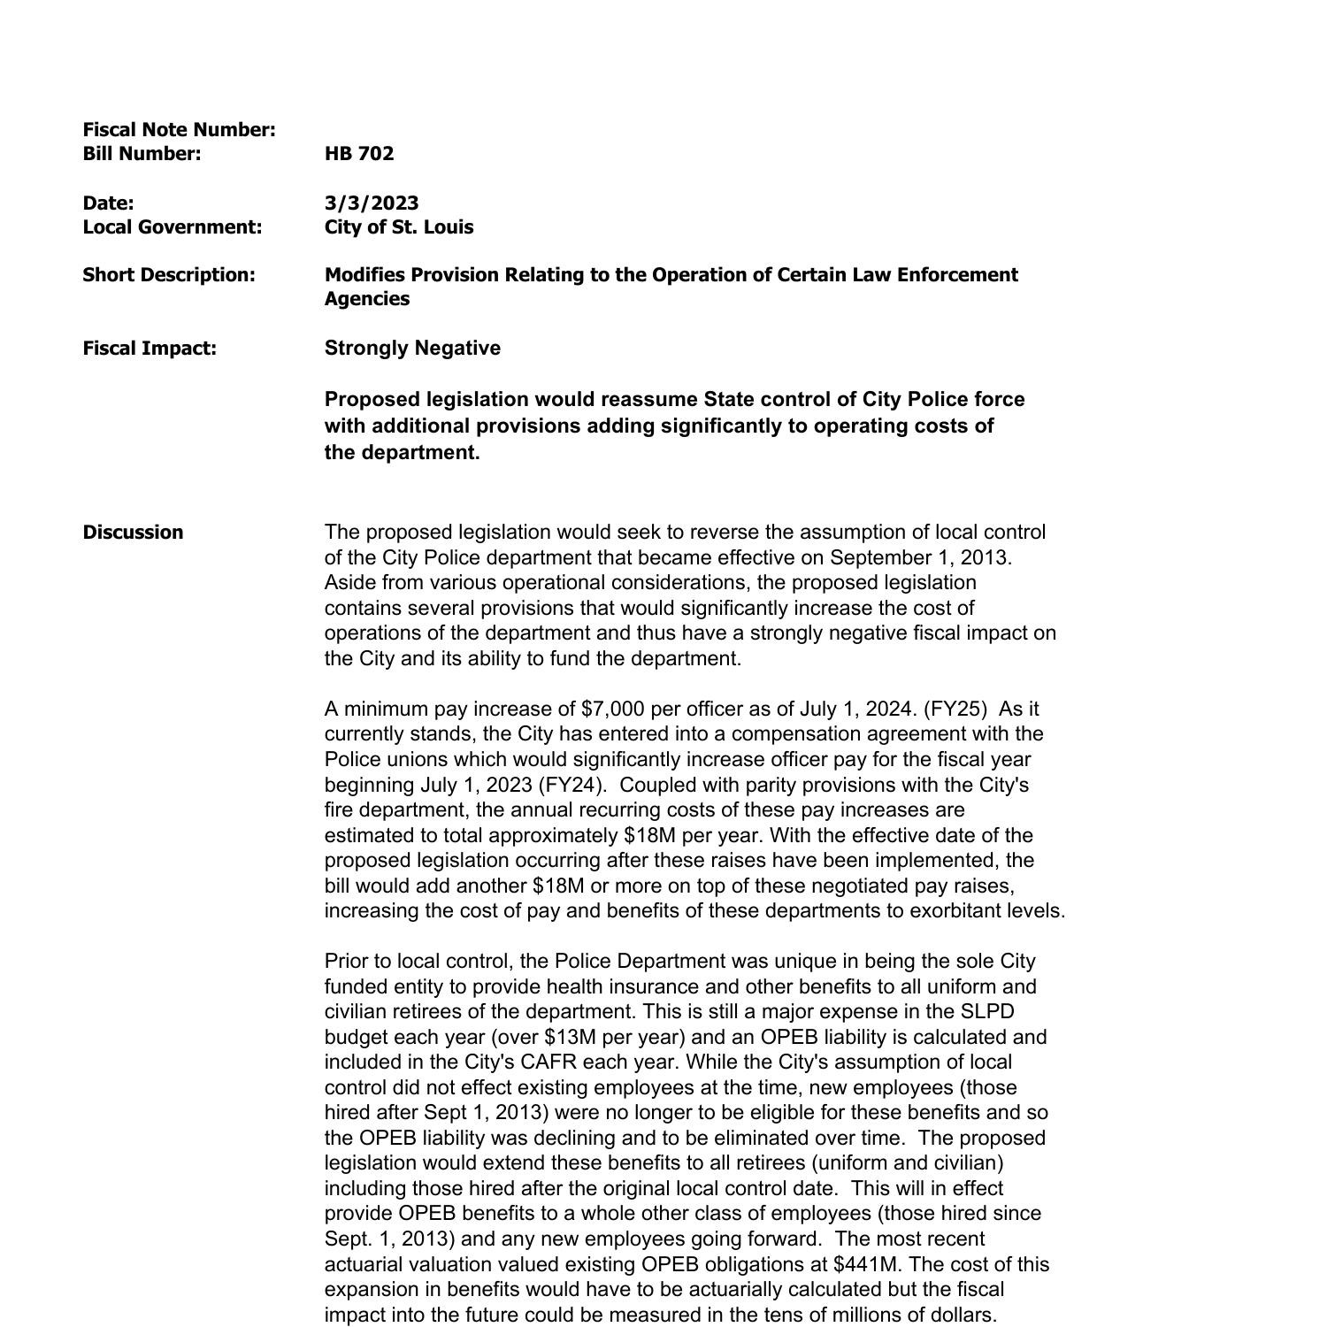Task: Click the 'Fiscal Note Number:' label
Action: (x=180, y=130)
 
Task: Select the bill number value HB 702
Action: (x=359, y=154)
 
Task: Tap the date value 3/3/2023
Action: (x=372, y=203)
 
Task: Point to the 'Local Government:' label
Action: (x=173, y=227)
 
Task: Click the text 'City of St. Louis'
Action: (x=399, y=227)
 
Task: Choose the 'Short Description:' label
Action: (x=169, y=275)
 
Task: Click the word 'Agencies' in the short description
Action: (x=367, y=299)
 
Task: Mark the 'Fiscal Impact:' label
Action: (x=150, y=349)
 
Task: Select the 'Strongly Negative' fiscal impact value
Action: (x=412, y=349)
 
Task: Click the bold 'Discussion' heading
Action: (x=134, y=533)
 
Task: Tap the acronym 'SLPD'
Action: (x=986, y=1012)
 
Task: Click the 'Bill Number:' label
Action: (x=142, y=154)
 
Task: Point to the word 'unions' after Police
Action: (x=413, y=760)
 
